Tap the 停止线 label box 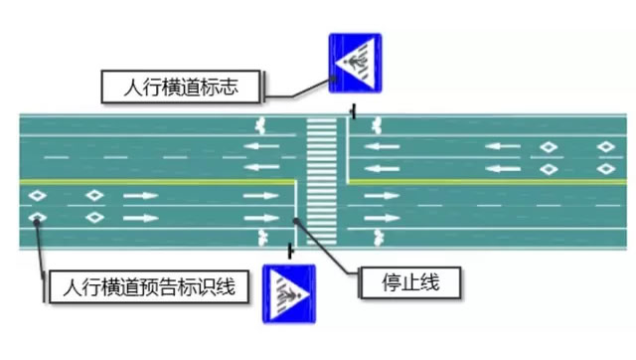[409, 283]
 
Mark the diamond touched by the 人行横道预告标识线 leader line [37, 217]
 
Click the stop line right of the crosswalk [348, 148]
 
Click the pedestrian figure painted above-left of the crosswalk [262, 126]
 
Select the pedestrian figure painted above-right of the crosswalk [377, 126]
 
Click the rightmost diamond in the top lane [605, 147]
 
